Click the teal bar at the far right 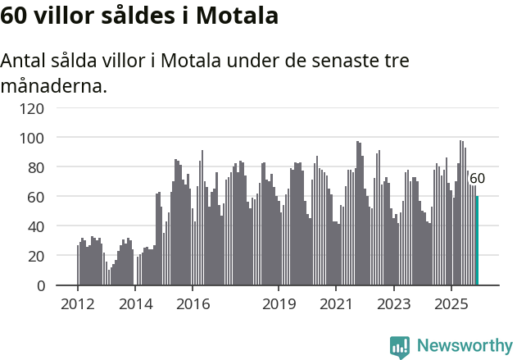pyautogui.click(x=477, y=241)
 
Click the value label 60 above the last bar pyautogui.click(x=477, y=179)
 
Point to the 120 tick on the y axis pyautogui.click(x=32, y=108)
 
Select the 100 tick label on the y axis pyautogui.click(x=32, y=138)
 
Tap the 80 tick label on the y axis pyautogui.click(x=35, y=167)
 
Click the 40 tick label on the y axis pyautogui.click(x=35, y=226)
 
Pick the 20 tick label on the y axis pyautogui.click(x=35, y=256)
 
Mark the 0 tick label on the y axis pyautogui.click(x=39, y=285)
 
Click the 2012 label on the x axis pyautogui.click(x=78, y=303)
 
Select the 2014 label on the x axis pyautogui.click(x=135, y=303)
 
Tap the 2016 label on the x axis pyautogui.click(x=193, y=303)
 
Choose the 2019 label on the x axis pyautogui.click(x=279, y=303)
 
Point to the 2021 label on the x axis pyautogui.click(x=336, y=303)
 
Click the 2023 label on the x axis pyautogui.click(x=393, y=303)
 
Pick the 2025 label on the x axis pyautogui.click(x=451, y=303)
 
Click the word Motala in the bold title pyautogui.click(x=238, y=16)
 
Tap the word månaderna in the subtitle pyautogui.click(x=54, y=84)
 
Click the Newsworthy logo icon pyautogui.click(x=400, y=347)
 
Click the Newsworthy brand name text pyautogui.click(x=464, y=346)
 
